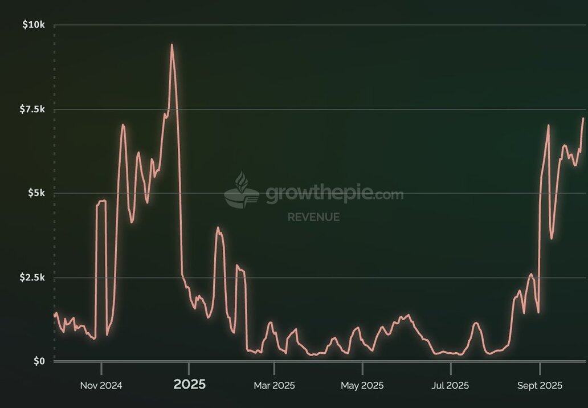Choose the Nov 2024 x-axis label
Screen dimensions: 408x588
[101, 386]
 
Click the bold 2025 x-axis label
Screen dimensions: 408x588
[189, 385]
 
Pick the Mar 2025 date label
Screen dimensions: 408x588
[274, 386]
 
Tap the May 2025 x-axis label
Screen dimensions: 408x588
[362, 386]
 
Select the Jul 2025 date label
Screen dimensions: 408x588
[450, 386]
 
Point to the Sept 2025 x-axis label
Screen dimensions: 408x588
[540, 386]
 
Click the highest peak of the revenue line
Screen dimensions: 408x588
[171, 44]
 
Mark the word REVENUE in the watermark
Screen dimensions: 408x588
[313, 217]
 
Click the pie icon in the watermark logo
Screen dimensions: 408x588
[241, 191]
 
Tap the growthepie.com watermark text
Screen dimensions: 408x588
[334, 194]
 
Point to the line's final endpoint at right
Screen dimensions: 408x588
[583, 119]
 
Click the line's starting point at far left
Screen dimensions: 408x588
[55, 314]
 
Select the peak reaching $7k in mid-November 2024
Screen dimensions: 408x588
[122, 124]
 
